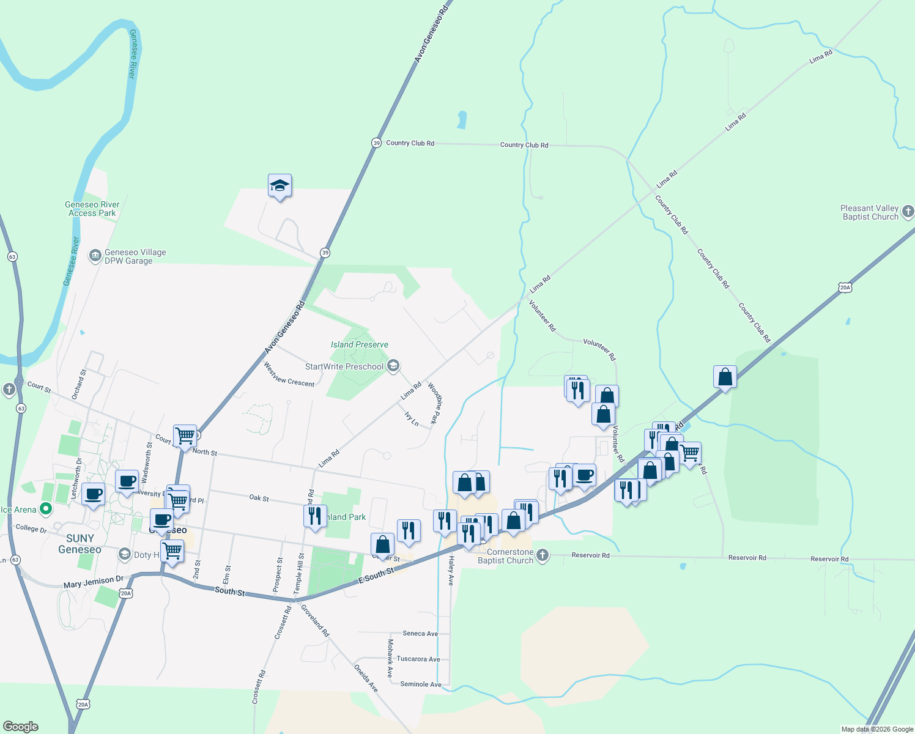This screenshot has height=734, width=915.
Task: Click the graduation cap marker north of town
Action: pyautogui.click(x=280, y=185)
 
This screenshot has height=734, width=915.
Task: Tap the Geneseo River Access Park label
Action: pyautogui.click(x=92, y=209)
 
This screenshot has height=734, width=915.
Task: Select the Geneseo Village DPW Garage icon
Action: pyautogui.click(x=95, y=256)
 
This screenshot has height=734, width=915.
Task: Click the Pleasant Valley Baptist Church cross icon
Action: pyautogui.click(x=908, y=212)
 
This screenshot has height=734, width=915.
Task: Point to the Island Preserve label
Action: pyautogui.click(x=360, y=344)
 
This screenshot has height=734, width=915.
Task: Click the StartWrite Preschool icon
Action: pyautogui.click(x=393, y=366)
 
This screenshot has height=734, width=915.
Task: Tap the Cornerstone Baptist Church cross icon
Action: pyautogui.click(x=542, y=555)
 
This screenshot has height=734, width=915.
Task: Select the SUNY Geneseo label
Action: pyautogui.click(x=80, y=544)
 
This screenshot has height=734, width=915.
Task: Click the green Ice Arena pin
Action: pyautogui.click(x=45, y=509)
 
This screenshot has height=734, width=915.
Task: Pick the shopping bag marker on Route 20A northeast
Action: pyautogui.click(x=725, y=377)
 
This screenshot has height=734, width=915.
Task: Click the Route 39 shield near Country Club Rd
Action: pyautogui.click(x=376, y=143)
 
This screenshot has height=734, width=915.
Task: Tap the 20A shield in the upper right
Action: pyautogui.click(x=845, y=287)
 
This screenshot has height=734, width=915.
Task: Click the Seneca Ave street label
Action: pyautogui.click(x=420, y=634)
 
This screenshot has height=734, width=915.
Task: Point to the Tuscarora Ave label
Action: pyautogui.click(x=418, y=659)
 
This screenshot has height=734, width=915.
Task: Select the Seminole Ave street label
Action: pyautogui.click(x=420, y=684)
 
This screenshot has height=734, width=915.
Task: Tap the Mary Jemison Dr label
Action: pyautogui.click(x=94, y=582)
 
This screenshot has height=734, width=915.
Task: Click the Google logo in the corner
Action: pyautogui.click(x=20, y=727)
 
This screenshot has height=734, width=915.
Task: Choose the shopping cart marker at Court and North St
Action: pyautogui.click(x=185, y=436)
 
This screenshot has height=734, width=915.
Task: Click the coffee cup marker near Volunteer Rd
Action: pyautogui.click(x=585, y=475)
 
